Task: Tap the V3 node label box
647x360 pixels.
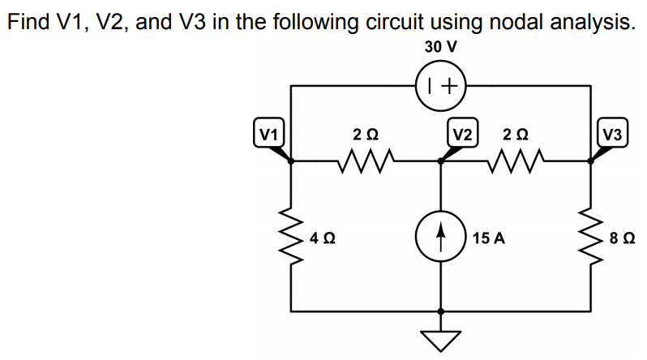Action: (x=611, y=132)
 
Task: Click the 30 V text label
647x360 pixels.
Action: (x=440, y=46)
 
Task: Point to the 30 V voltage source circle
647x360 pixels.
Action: (x=440, y=84)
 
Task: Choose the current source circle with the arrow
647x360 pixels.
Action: (x=440, y=238)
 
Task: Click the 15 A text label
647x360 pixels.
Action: (x=489, y=238)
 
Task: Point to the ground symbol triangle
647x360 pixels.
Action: (x=440, y=341)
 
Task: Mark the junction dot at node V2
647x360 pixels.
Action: (x=440, y=161)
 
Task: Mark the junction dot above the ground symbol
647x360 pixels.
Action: (x=440, y=311)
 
